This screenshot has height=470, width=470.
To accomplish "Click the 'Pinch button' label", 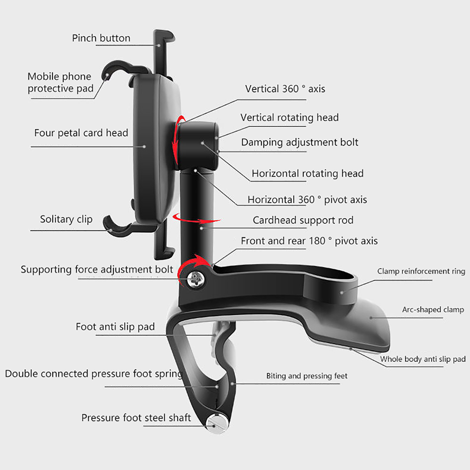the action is tap(101, 38).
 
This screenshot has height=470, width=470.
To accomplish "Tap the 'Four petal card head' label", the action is tap(81, 133).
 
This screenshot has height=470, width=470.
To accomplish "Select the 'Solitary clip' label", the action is tap(66, 219).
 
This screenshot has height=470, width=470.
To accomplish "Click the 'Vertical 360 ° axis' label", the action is tap(285, 89).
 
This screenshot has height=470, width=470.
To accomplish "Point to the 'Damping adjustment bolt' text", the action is tap(300, 142).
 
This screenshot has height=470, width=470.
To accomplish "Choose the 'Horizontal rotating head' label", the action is tap(308, 173).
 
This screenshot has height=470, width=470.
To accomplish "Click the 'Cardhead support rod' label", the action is tap(303, 220).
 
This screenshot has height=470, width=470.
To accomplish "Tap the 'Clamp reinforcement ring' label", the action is tap(421, 271).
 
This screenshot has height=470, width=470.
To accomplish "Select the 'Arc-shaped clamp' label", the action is tap(433, 310).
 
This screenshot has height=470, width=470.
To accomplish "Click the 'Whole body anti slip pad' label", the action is tap(423, 359).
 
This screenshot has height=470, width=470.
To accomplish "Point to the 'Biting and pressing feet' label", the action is tap(307, 376).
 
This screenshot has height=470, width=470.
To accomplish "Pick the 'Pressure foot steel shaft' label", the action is tap(136, 418).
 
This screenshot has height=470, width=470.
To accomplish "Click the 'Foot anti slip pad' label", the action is tap(115, 327).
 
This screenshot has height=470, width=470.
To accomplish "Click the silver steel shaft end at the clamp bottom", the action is tap(217, 424).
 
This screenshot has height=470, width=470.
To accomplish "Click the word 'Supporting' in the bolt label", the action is tap(46, 270).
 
